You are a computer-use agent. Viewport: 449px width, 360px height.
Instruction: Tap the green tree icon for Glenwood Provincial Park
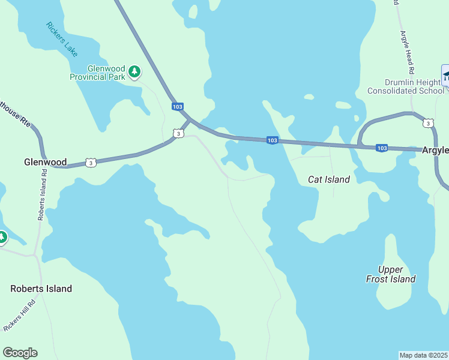point(134,73)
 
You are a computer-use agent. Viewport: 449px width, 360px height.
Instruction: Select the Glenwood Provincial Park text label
point(97,73)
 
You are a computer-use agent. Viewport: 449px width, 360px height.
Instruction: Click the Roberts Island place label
point(41,289)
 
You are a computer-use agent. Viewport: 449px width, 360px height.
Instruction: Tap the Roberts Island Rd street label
point(42,194)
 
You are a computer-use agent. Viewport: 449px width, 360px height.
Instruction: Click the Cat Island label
point(328,179)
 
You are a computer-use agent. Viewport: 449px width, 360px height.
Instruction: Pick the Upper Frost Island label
point(391,274)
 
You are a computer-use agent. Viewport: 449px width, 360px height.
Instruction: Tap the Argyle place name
point(435,150)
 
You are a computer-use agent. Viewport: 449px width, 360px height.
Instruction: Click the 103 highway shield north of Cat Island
point(272,140)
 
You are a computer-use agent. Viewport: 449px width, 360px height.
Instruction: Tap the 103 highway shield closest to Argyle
point(381,148)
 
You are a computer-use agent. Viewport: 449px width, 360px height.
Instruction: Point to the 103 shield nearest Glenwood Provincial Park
point(177,107)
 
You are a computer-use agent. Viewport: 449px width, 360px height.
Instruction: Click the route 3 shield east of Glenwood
point(90,163)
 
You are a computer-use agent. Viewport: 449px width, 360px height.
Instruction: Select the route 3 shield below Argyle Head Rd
point(427,123)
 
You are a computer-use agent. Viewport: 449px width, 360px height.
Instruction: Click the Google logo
point(20,353)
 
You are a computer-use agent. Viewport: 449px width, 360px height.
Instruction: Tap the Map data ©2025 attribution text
point(423,355)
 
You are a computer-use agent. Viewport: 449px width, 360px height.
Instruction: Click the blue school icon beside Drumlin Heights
point(445,76)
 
